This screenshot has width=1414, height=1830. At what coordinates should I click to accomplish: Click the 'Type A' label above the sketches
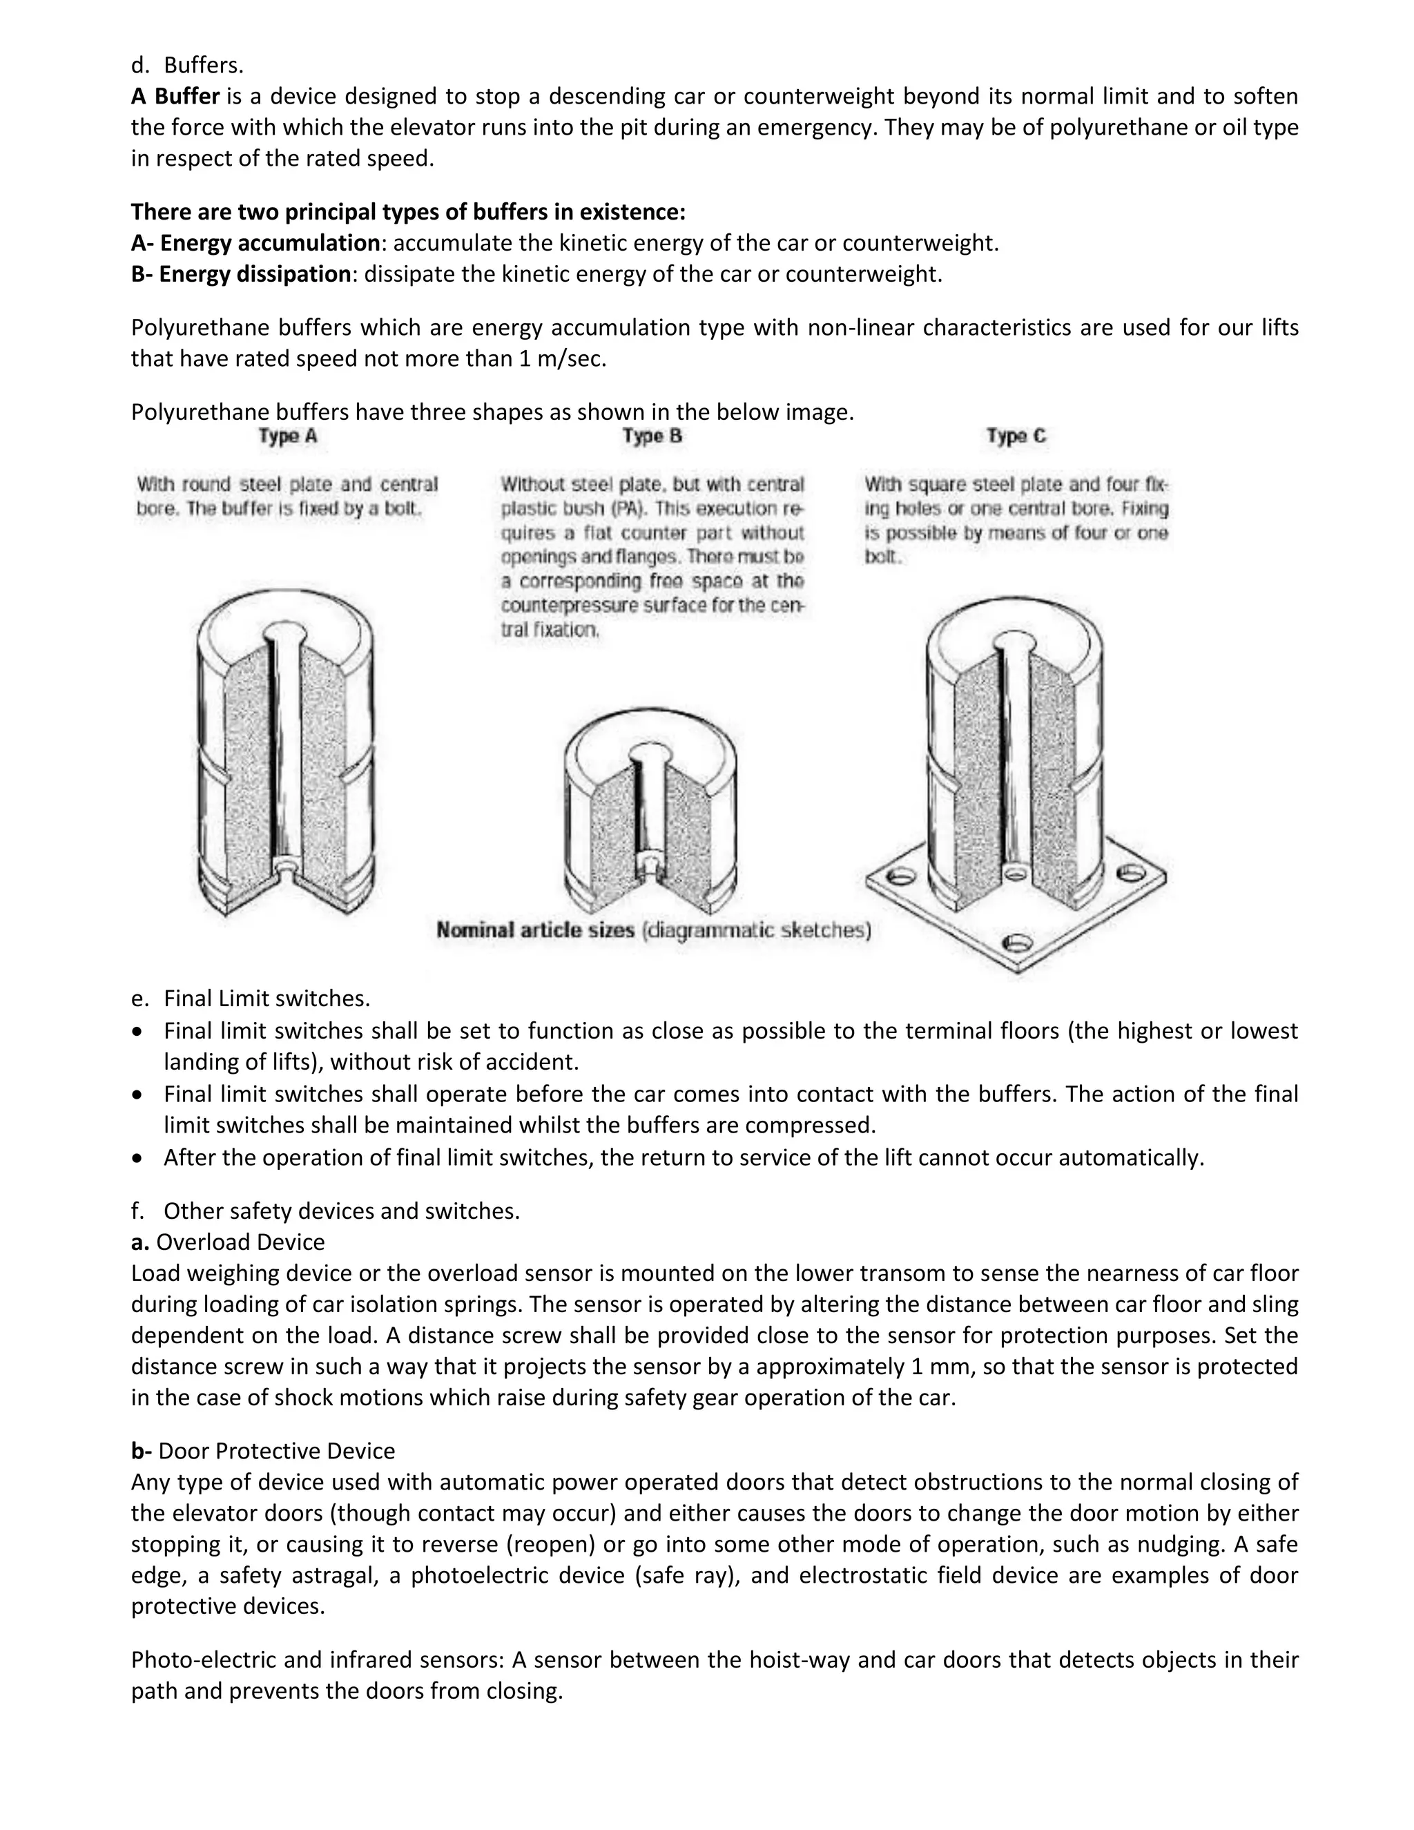(x=287, y=436)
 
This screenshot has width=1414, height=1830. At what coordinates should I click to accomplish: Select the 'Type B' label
(x=652, y=436)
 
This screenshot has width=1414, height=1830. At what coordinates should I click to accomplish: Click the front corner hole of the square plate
(x=1016, y=943)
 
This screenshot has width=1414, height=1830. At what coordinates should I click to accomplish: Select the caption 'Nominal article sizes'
(x=535, y=930)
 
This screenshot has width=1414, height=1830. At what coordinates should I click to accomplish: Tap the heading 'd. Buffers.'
(x=188, y=64)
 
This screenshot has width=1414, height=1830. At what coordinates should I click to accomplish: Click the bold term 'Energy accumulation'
(x=270, y=243)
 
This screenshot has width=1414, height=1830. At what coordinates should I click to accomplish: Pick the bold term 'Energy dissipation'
(x=255, y=274)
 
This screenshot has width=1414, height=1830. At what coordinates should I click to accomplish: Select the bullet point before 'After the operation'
(x=139, y=1159)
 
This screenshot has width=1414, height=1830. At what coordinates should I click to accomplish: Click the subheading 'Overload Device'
(x=240, y=1242)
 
